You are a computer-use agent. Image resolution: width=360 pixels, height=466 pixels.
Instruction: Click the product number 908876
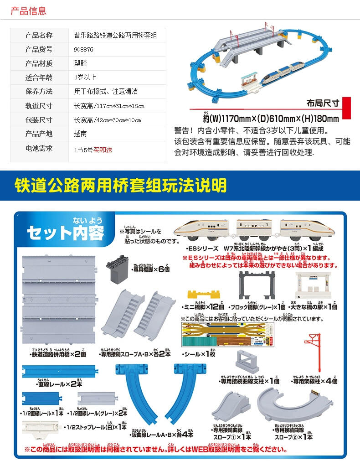pyautogui.click(x=84, y=50)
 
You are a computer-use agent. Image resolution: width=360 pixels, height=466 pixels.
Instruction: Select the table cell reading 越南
pyautogui.click(x=81, y=134)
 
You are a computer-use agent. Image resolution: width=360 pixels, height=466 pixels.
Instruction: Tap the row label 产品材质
pyautogui.click(x=39, y=63)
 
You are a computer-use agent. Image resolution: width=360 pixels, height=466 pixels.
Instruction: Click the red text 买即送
pyautogui.click(x=103, y=150)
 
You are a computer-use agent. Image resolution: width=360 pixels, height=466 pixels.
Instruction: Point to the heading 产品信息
pyautogui.click(x=28, y=10)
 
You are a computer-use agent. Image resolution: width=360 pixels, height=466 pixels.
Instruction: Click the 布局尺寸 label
pyautogui.click(x=323, y=103)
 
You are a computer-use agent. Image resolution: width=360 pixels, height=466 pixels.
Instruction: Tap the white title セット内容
pyautogui.click(x=66, y=233)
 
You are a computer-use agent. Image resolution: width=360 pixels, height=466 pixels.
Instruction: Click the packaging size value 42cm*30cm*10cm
pyautogui.click(x=108, y=120)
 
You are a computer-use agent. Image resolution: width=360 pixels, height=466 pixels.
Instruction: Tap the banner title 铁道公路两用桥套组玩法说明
pyautogui.click(x=120, y=185)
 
